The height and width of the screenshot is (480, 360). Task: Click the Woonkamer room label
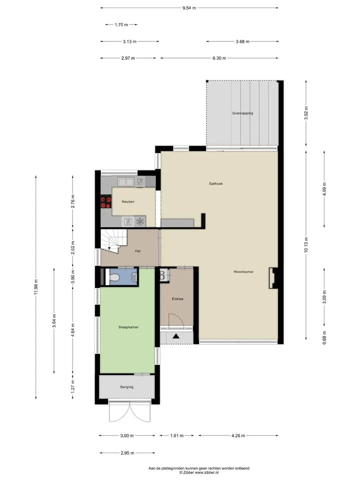pyautogui.click(x=243, y=271)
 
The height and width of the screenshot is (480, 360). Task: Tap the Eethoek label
pyautogui.click(x=216, y=183)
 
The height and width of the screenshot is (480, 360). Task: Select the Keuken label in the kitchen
pyautogui.click(x=128, y=201)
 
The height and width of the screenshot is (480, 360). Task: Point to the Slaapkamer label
pyautogui.click(x=128, y=327)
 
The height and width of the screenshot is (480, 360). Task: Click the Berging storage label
pyautogui.click(x=126, y=387)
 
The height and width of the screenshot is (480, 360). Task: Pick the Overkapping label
pyautogui.click(x=242, y=113)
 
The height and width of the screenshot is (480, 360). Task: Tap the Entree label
pyautogui.click(x=177, y=299)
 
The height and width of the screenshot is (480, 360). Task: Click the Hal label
pyautogui.click(x=138, y=251)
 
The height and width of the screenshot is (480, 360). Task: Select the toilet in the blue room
pyautogui.click(x=113, y=277)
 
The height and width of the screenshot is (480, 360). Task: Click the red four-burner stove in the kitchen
pyautogui.click(x=106, y=202)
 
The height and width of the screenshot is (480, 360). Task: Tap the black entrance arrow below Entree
pyautogui.click(x=175, y=336)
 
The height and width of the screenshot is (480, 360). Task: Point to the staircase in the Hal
pyautogui.click(x=114, y=241)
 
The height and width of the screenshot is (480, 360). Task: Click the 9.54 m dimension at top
pyautogui.click(x=189, y=8)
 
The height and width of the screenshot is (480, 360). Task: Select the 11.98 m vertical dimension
pyautogui.click(x=36, y=287)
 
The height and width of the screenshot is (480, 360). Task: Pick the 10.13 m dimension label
pyautogui.click(x=306, y=245)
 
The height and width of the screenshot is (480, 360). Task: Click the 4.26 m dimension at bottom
pyautogui.click(x=238, y=435)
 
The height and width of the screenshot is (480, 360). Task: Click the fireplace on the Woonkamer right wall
pyautogui.click(x=273, y=278)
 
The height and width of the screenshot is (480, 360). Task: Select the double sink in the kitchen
pyautogui.click(x=126, y=182)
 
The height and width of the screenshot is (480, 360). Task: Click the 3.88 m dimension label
pyautogui.click(x=242, y=41)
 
